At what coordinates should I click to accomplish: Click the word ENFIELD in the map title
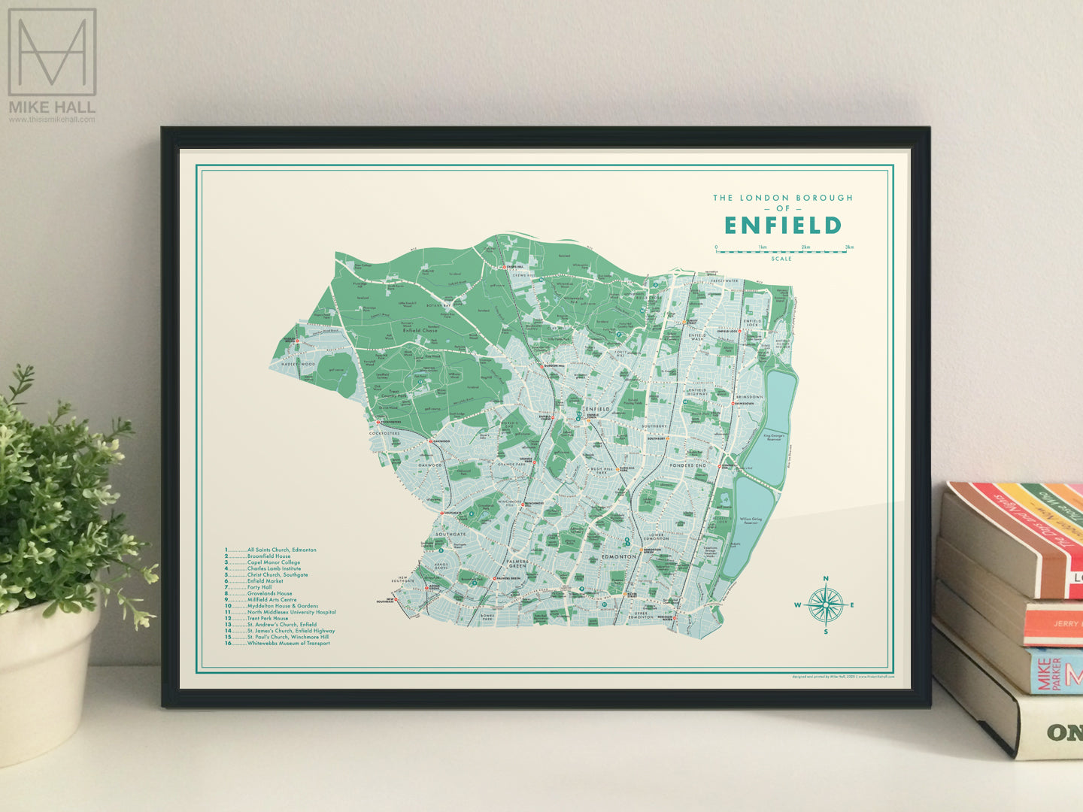[782, 226]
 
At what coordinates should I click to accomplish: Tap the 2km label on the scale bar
[805, 247]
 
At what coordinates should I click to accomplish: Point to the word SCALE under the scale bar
[781, 259]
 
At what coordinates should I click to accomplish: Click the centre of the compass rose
[826, 604]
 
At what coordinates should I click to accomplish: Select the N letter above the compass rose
[826, 578]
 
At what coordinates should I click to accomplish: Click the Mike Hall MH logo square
[52, 53]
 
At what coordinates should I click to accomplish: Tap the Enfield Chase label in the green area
[420, 330]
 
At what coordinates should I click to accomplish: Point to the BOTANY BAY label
[440, 306]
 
